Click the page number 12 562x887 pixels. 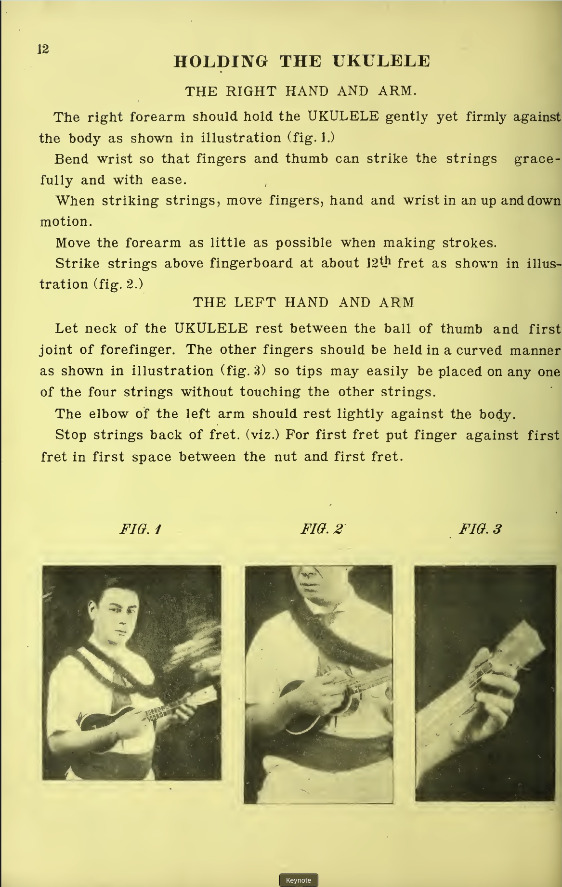(x=43, y=49)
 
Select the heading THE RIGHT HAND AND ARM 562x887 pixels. (x=301, y=91)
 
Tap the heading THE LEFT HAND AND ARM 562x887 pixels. (x=303, y=303)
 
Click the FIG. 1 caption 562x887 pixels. (x=140, y=529)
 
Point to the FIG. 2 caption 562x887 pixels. (x=322, y=529)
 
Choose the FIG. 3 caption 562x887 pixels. (x=480, y=529)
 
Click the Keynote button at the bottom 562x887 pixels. (x=298, y=880)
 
